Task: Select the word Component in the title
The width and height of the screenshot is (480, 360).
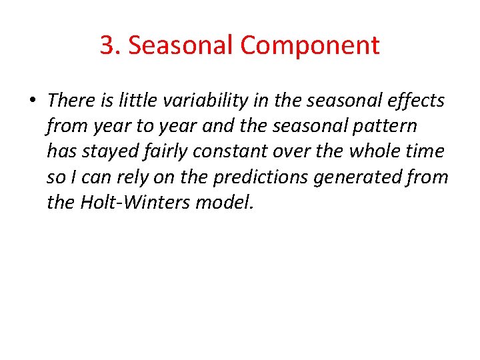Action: click(x=310, y=45)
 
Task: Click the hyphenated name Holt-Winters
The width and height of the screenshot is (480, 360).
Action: click(x=135, y=203)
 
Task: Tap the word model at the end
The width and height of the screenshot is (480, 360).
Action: click(x=225, y=203)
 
